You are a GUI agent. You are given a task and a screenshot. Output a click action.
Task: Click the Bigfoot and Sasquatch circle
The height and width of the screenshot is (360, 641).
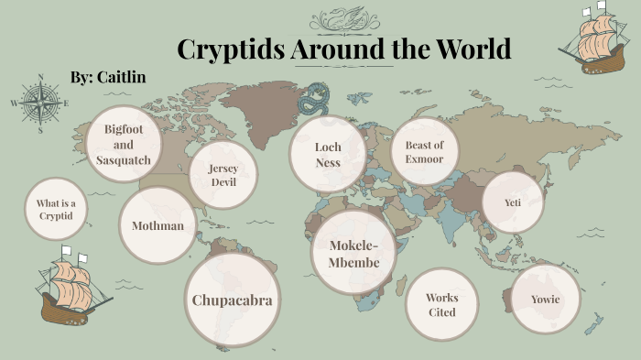[125, 146]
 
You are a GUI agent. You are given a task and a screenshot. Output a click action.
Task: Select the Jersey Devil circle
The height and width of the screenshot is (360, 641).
[223, 175]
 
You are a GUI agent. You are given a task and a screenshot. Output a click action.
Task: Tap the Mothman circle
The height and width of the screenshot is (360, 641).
[158, 225]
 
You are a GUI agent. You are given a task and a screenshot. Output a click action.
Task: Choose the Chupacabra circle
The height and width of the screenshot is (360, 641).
[232, 300]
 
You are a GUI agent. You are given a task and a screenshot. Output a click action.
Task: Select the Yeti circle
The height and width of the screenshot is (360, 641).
[512, 202]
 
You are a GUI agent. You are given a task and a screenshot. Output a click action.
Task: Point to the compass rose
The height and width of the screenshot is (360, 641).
[40, 103]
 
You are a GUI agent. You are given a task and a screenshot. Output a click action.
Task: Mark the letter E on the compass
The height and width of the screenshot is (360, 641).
[67, 103]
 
